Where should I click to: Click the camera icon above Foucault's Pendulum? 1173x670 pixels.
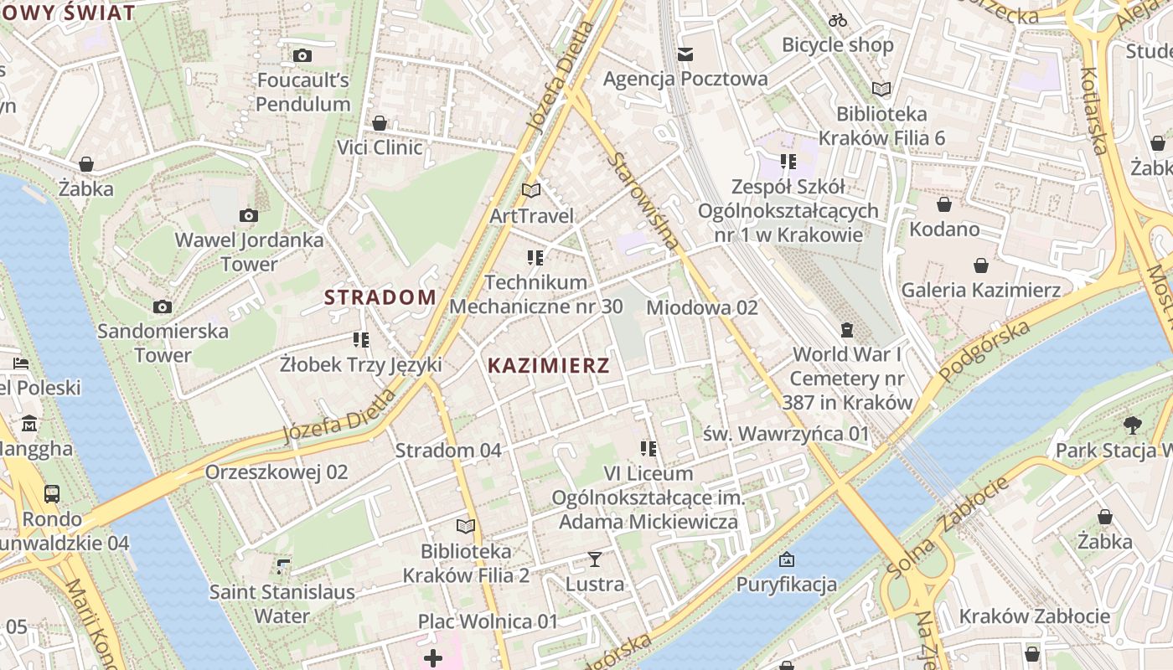pyautogui.click(x=302, y=56)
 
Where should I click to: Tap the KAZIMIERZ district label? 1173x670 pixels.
pyautogui.click(x=549, y=366)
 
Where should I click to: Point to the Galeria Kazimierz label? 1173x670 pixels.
pyautogui.click(x=981, y=290)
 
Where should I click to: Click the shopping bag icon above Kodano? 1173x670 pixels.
pyautogui.click(x=944, y=204)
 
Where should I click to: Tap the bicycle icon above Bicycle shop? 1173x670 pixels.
pyautogui.click(x=838, y=20)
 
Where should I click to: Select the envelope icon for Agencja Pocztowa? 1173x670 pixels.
pyautogui.click(x=685, y=54)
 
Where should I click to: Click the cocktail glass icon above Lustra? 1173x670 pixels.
pyautogui.click(x=595, y=559)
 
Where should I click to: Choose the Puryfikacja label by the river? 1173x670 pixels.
pyautogui.click(x=787, y=584)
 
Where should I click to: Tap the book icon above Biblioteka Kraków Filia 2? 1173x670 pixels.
pyautogui.click(x=465, y=526)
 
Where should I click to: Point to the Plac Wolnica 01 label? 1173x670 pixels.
pyautogui.click(x=488, y=621)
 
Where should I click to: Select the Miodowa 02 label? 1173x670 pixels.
pyautogui.click(x=702, y=307)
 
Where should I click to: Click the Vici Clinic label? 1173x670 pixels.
pyautogui.click(x=380, y=147)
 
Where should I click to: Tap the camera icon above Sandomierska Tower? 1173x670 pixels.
pyautogui.click(x=163, y=307)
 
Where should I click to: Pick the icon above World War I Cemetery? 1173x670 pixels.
pyautogui.click(x=846, y=330)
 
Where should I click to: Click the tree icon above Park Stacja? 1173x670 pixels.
pyautogui.click(x=1132, y=425)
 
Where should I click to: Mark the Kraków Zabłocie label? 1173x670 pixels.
pyautogui.click(x=1035, y=616)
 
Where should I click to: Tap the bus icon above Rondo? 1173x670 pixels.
pyautogui.click(x=52, y=493)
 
